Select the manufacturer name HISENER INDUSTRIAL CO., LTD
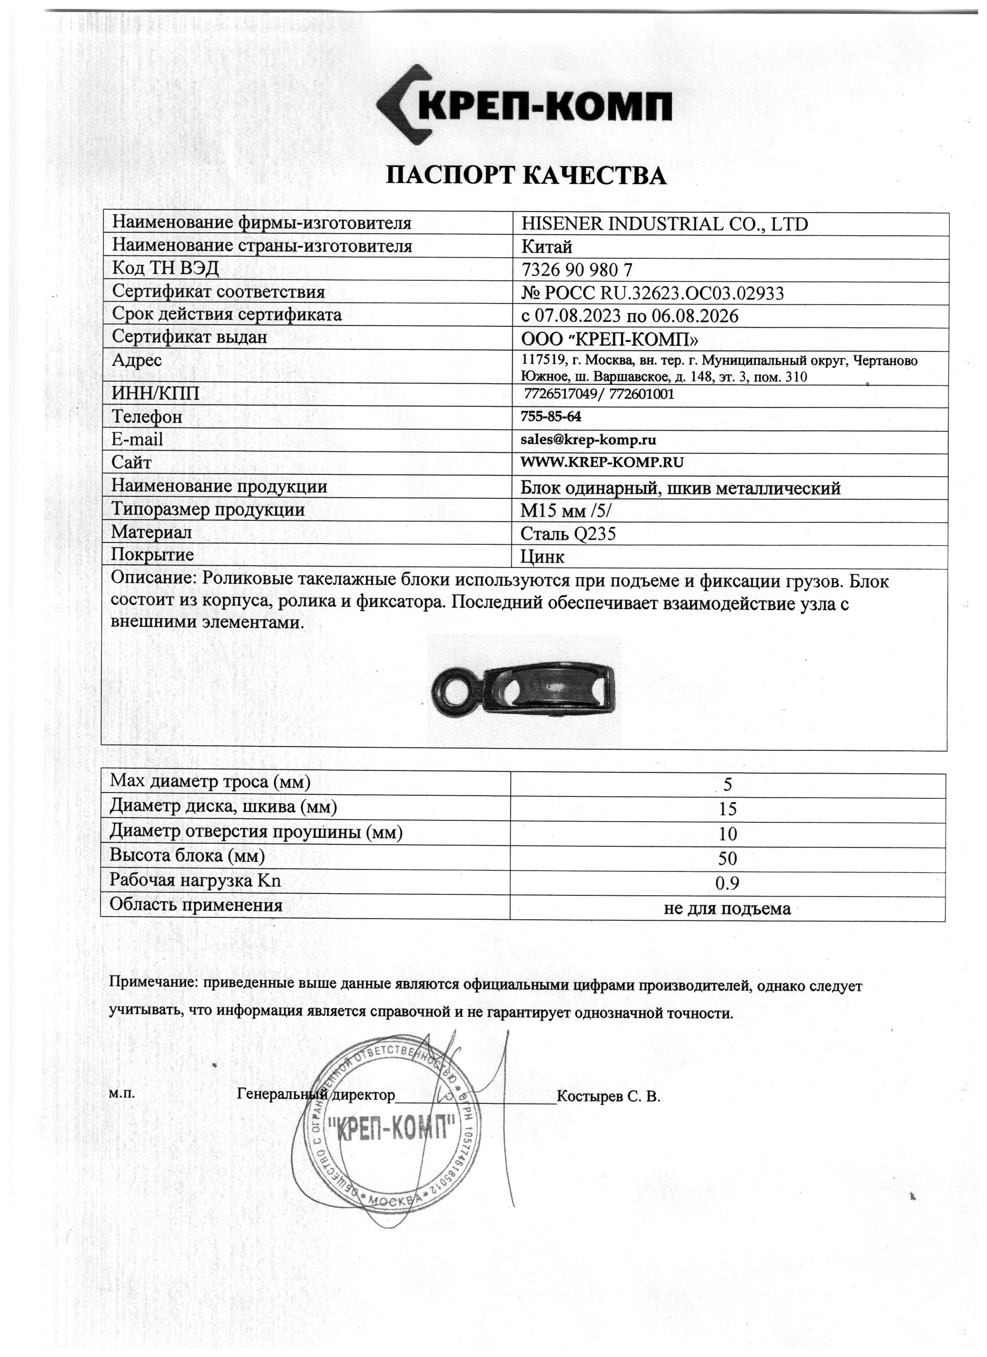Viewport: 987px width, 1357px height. pos(664,224)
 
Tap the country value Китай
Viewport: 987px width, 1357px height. pos(547,247)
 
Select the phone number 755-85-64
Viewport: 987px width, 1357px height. pos(551,416)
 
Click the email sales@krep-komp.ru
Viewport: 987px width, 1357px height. pos(588,440)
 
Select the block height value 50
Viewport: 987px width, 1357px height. pos(727,859)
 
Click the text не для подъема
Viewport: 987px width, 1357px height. pos(727,909)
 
